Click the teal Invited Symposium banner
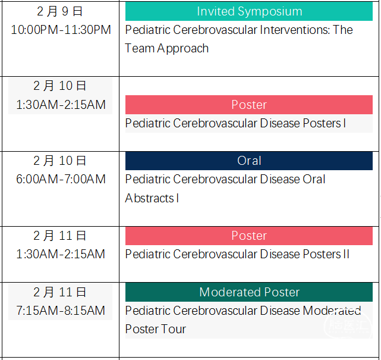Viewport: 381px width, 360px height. click(249, 11)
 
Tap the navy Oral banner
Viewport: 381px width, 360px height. click(249, 161)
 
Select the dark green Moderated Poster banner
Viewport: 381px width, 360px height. click(249, 292)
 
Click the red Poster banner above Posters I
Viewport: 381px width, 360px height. click(249, 105)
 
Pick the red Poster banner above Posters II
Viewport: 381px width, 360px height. click(249, 236)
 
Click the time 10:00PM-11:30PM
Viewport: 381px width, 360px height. click(61, 30)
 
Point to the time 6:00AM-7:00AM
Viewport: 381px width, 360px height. click(61, 179)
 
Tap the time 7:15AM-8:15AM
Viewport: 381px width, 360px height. click(61, 311)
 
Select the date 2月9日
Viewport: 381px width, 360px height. click(60, 11)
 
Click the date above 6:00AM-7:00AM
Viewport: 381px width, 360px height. click(60, 161)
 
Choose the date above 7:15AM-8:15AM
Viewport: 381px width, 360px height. click(60, 292)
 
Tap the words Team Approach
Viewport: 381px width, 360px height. click(166, 48)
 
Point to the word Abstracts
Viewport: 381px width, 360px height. click(149, 198)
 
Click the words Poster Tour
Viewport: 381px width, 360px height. click(156, 329)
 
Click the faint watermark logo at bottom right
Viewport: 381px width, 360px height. click(348, 325)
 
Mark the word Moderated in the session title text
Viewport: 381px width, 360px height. click(332, 311)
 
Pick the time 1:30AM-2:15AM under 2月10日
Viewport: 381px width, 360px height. click(61, 105)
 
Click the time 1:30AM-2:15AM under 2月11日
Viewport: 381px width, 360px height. click(61, 254)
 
